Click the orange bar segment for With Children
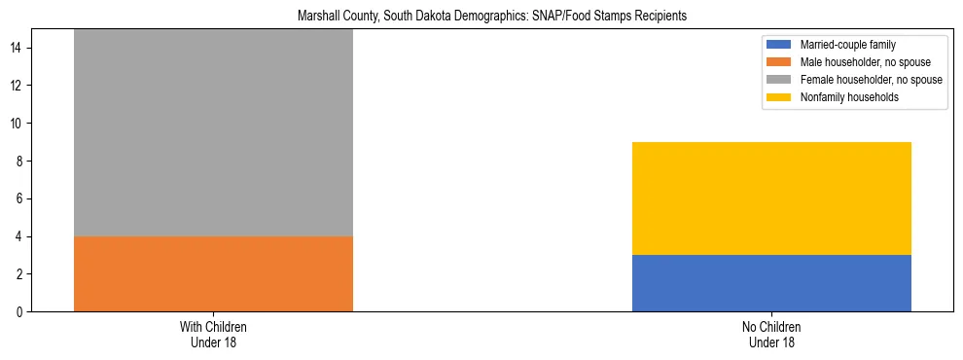(x=213, y=273)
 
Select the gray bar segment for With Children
(x=213, y=132)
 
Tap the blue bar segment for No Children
(x=771, y=283)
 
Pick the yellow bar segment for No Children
(x=771, y=198)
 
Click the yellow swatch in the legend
(x=780, y=97)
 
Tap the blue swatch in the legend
(x=780, y=45)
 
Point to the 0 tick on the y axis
(x=22, y=311)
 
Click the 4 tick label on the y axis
(x=22, y=236)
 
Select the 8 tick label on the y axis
(x=22, y=162)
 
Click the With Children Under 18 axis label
(x=213, y=334)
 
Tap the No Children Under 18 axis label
(x=771, y=334)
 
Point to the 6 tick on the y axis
(x=22, y=198)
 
